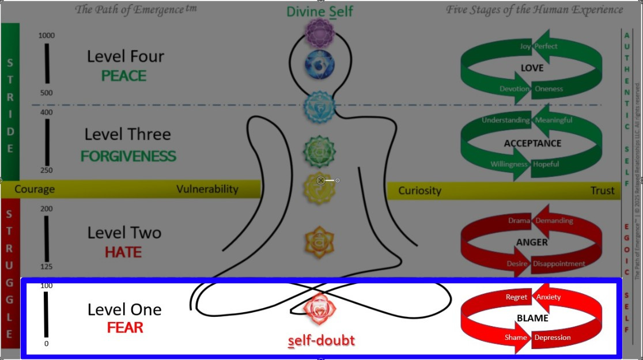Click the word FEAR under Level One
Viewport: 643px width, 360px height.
[x=125, y=328]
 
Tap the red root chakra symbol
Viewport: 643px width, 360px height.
[x=318, y=309]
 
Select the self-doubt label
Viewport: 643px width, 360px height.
[x=321, y=340]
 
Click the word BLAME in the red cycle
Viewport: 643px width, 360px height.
[x=532, y=317]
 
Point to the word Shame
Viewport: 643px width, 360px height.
[x=516, y=337]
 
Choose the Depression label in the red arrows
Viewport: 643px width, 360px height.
[x=552, y=337]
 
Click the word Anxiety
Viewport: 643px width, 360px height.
[x=548, y=297]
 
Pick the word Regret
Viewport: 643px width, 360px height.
[x=516, y=297]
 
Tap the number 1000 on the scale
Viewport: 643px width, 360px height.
[x=47, y=36]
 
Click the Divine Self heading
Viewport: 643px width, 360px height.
[x=320, y=11]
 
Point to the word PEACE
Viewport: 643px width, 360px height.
[x=123, y=76]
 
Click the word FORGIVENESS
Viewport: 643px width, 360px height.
[x=128, y=156]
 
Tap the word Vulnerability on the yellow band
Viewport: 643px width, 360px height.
[x=207, y=189]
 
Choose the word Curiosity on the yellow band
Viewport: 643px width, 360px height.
[x=419, y=191]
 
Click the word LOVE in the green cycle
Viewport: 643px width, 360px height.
[x=532, y=68]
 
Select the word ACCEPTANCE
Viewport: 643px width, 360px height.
[x=532, y=143]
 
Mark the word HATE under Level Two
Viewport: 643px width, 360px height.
[x=123, y=252]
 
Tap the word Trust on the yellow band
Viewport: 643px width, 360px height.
[x=602, y=191]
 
